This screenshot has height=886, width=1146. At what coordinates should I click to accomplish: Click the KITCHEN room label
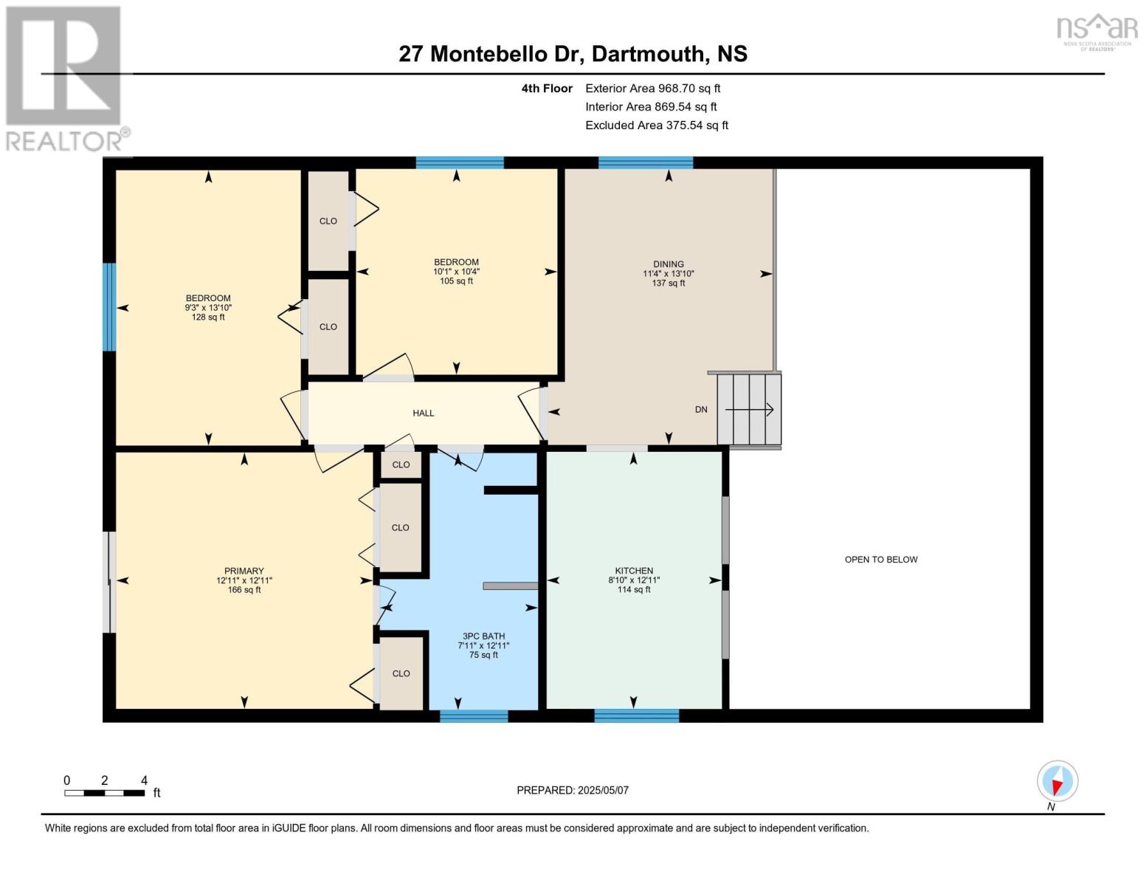633,571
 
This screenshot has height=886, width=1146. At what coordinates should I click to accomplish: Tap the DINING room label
668,264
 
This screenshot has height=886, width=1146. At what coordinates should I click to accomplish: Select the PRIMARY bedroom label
244,571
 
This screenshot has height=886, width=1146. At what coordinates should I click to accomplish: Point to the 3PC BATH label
483,636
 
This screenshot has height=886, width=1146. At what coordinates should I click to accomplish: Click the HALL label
423,413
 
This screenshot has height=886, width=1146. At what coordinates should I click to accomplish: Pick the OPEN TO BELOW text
881,560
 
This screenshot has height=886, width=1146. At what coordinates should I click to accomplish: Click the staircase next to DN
748,409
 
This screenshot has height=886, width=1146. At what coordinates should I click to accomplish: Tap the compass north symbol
1057,781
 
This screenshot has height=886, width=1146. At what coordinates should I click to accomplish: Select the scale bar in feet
105,792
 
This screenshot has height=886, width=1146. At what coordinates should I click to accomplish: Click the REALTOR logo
66,79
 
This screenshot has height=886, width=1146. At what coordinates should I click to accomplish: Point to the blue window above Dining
645,162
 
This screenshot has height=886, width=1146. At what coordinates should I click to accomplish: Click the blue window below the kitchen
636,715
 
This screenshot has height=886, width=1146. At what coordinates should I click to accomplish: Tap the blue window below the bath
474,715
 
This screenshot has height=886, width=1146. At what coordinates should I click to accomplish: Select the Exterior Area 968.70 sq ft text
652,89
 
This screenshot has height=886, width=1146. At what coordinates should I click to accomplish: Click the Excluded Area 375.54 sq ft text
657,125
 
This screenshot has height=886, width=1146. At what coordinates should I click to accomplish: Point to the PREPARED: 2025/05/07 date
572,790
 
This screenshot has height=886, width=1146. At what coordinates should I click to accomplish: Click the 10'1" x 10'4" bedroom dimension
456,272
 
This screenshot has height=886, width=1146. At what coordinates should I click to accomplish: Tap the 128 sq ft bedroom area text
208,317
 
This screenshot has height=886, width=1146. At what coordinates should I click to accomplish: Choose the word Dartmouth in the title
648,54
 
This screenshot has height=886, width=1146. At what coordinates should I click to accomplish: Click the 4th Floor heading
546,89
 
